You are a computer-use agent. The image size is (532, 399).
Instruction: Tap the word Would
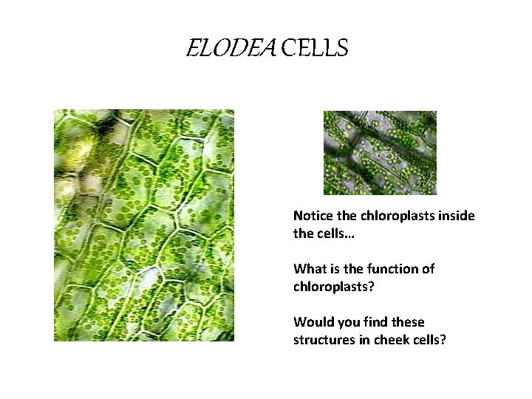pos(312,321)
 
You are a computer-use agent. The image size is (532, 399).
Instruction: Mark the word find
pos(375,321)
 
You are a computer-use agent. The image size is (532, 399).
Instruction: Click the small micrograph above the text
pos(380,153)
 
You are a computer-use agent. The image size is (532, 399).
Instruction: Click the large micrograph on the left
pos(144,225)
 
